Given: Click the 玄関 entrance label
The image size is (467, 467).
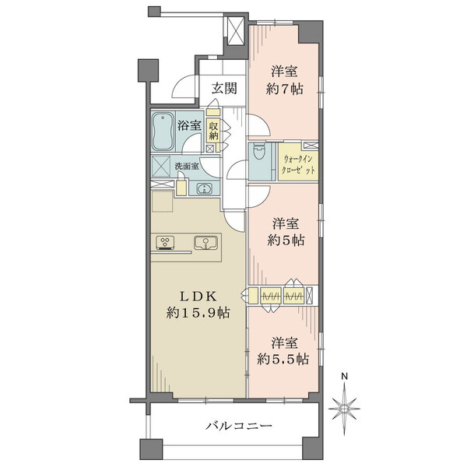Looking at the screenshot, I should (224, 88).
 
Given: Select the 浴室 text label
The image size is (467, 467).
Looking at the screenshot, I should (190, 125).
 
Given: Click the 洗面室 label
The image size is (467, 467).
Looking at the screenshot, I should (186, 166).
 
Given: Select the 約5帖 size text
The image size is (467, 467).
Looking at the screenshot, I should (283, 240).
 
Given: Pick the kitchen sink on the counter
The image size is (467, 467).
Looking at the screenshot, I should (205, 242).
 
